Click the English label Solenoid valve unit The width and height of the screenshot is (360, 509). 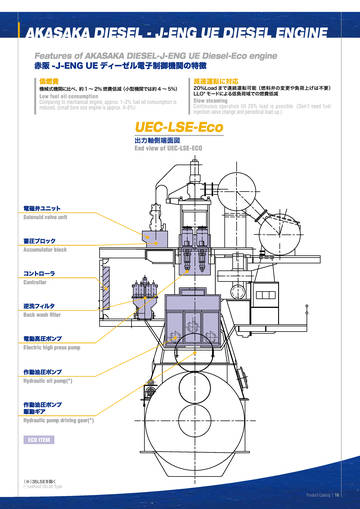(x=51, y=215)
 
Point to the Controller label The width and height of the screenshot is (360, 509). (x=36, y=281)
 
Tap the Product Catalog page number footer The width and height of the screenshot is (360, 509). (x=324, y=494)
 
